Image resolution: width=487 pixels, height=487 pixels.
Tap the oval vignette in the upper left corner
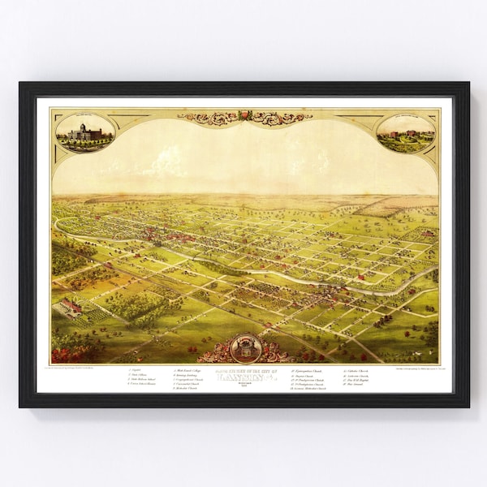click(x=84, y=131)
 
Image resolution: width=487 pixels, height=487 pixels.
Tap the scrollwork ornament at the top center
click(x=244, y=117)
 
